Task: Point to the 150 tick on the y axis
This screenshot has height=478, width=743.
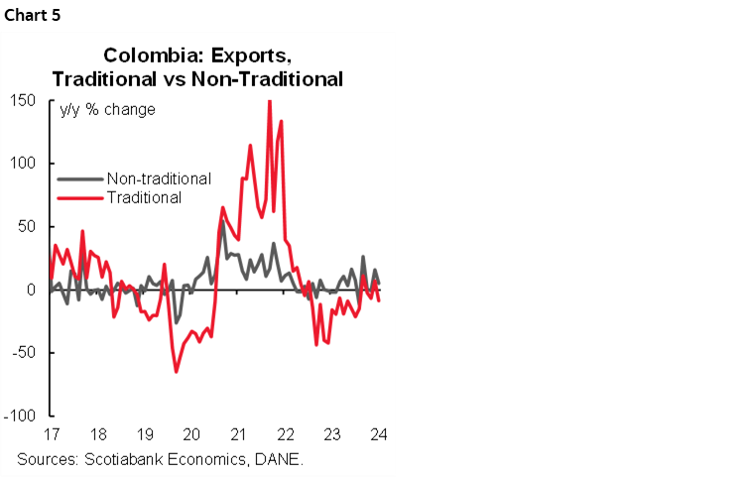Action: (x=25, y=100)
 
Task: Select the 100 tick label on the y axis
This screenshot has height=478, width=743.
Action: (x=25, y=164)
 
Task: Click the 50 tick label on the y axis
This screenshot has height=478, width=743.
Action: (x=29, y=227)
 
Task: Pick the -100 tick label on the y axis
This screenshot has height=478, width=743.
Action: (x=23, y=417)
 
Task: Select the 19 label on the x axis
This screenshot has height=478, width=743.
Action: (x=144, y=434)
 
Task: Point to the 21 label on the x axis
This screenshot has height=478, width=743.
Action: (x=238, y=434)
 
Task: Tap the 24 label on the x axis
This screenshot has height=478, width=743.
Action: (x=378, y=434)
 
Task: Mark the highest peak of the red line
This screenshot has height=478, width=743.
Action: (x=269, y=101)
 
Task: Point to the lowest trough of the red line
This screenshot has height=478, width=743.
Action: (x=177, y=372)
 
